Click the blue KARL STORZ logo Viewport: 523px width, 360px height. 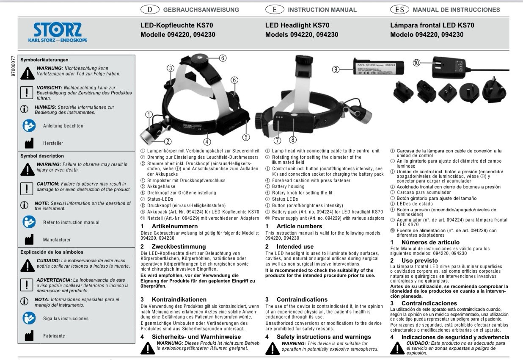[58, 32]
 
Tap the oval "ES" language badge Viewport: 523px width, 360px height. [399, 10]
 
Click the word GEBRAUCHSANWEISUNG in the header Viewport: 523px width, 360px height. [201, 10]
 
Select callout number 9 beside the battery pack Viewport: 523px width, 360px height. [336, 69]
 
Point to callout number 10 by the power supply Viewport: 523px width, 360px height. [416, 63]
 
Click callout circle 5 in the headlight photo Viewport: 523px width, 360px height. [246, 137]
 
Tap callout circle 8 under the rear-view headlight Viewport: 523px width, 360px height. [293, 140]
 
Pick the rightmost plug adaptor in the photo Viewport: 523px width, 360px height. [494, 90]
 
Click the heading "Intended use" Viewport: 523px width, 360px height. [295, 246]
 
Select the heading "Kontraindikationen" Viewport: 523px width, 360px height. [179, 299]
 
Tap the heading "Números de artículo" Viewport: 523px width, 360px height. [430, 242]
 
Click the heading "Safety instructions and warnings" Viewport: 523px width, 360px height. [324, 337]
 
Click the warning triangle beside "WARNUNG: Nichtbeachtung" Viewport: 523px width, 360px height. [28, 73]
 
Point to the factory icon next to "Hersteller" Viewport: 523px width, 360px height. [29, 143]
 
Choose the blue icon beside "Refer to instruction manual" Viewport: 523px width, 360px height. [29, 222]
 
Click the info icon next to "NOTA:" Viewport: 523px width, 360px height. [24, 302]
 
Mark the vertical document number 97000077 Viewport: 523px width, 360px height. [13, 66]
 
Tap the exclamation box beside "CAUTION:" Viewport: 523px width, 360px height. [27, 188]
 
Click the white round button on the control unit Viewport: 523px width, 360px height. [294, 115]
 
